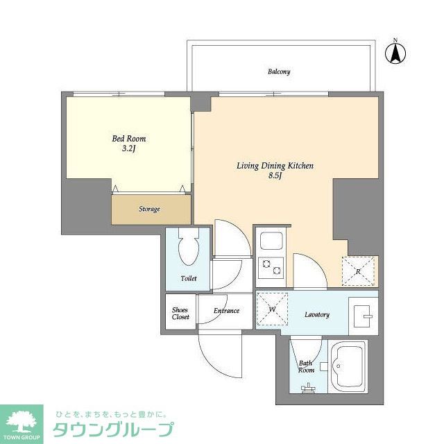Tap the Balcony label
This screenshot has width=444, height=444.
[x=279, y=71]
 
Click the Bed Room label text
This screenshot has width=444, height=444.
[x=129, y=139]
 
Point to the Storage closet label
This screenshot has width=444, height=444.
[x=149, y=209]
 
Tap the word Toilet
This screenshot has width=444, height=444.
[x=188, y=278]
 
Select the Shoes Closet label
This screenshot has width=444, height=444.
[x=180, y=314]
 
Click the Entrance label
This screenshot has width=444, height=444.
[x=226, y=311]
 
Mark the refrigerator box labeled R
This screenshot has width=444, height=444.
[x=358, y=271]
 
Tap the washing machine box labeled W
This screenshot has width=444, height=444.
[x=272, y=307]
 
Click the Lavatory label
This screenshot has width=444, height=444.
[x=316, y=315]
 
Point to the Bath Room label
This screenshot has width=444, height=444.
[x=306, y=366]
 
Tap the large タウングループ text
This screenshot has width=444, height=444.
[x=113, y=429]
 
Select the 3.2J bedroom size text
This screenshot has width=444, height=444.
[x=129, y=148]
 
